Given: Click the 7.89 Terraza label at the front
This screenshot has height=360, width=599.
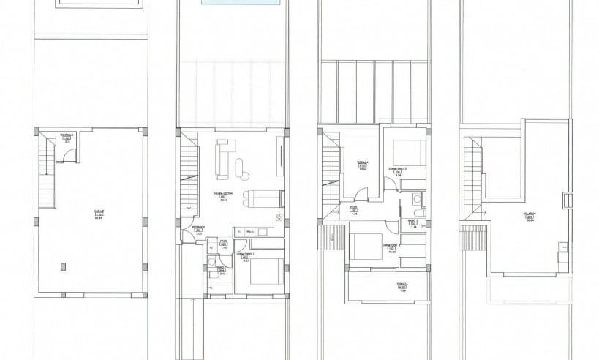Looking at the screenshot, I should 383,289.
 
